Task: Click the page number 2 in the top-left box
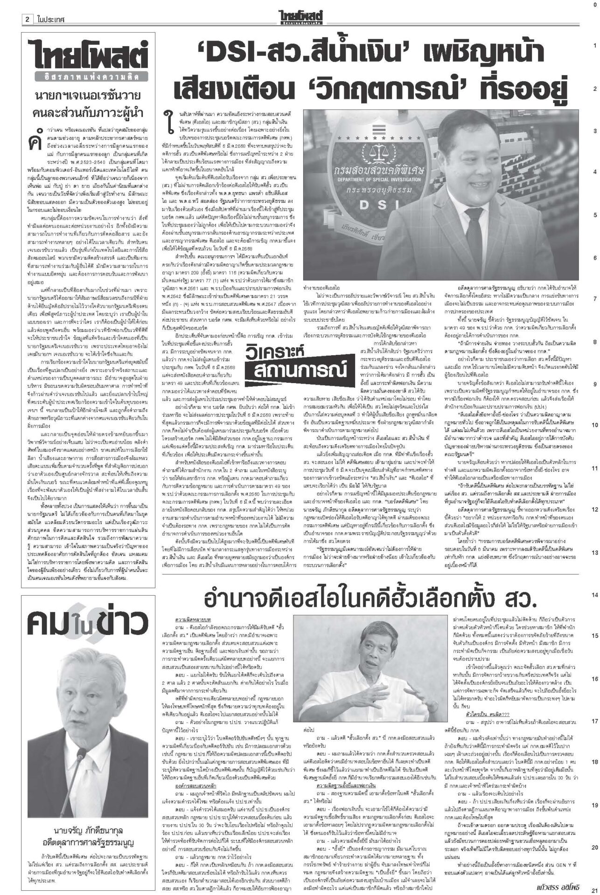tap(28, 7)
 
